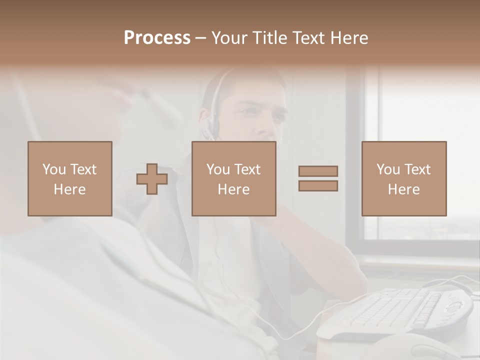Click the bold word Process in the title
point(157,38)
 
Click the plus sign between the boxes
point(152,179)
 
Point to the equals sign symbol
point(318,178)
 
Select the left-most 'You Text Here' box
point(69,178)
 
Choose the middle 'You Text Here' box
point(233,178)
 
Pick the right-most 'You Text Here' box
point(403,178)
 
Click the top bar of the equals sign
point(318,171)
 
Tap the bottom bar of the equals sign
point(318,185)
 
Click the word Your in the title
point(230,38)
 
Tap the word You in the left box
point(54,169)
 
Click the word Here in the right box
point(403,189)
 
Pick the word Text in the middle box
point(247,169)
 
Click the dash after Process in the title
point(201,38)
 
